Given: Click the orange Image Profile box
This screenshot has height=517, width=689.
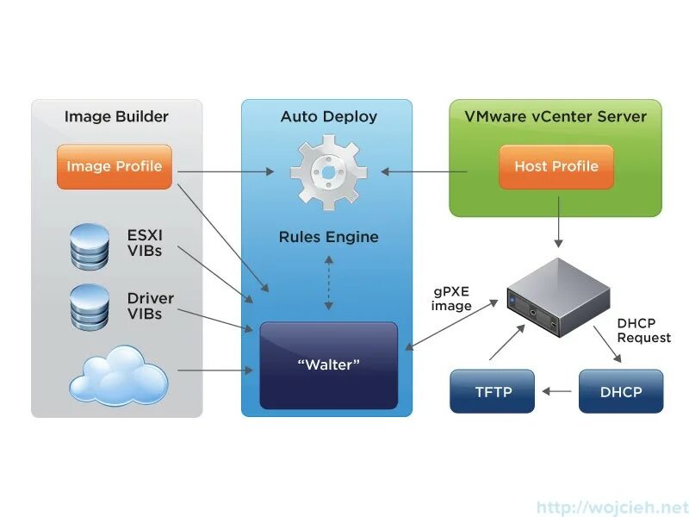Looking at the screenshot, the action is [115, 166].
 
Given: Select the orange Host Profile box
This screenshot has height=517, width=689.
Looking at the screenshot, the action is [556, 166].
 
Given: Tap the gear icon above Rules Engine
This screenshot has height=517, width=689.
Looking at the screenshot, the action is [328, 172].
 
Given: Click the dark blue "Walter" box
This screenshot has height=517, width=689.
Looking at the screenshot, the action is [329, 365].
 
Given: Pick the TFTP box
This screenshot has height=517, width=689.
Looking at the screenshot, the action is [492, 391].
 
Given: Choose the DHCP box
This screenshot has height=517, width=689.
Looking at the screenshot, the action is [621, 391].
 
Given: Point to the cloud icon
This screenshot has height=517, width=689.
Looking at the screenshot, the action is [119, 375].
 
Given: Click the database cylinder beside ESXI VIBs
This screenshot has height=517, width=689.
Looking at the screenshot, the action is [90, 246].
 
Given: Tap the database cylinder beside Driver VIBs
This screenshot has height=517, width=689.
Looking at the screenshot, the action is [90, 307].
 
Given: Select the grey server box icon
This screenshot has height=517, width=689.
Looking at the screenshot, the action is [558, 297].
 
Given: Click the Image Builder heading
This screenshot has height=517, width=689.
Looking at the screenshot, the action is [116, 116].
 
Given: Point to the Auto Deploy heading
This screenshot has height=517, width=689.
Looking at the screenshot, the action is [329, 116].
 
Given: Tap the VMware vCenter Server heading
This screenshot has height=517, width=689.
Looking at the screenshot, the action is [556, 116].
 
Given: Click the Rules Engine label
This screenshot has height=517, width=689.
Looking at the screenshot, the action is [329, 237].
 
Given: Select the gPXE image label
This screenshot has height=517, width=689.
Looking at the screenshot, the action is [451, 298].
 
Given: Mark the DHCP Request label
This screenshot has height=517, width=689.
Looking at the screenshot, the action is [643, 330].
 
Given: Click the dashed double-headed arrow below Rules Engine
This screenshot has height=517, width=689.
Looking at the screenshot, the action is [329, 283].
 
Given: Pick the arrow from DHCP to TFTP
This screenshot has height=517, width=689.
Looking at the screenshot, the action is [557, 391].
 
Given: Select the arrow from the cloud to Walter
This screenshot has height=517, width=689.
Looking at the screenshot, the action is [215, 371].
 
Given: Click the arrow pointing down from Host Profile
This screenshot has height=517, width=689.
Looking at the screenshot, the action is [558, 222].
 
